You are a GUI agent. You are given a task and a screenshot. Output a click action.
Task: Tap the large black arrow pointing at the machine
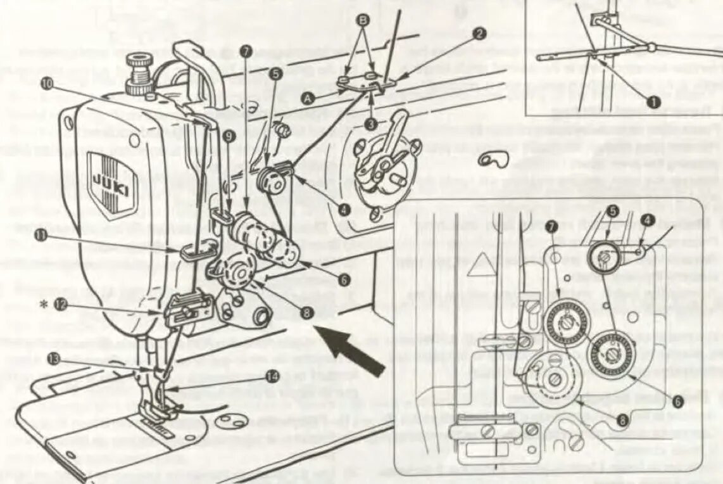(x=353, y=349)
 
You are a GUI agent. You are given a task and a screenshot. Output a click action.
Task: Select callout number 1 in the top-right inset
(x=653, y=101)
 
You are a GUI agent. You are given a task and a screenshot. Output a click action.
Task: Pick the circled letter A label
(x=308, y=98)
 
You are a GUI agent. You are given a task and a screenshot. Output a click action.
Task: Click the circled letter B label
(x=363, y=20)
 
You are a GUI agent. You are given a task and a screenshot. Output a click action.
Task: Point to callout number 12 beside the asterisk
(x=61, y=304)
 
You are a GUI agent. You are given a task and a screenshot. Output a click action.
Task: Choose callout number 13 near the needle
(x=55, y=359)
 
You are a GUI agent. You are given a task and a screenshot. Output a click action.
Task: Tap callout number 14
(x=272, y=376)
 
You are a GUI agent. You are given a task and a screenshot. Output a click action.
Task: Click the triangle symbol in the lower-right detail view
(x=479, y=268)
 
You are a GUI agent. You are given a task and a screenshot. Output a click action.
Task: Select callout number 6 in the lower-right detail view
(x=677, y=401)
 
